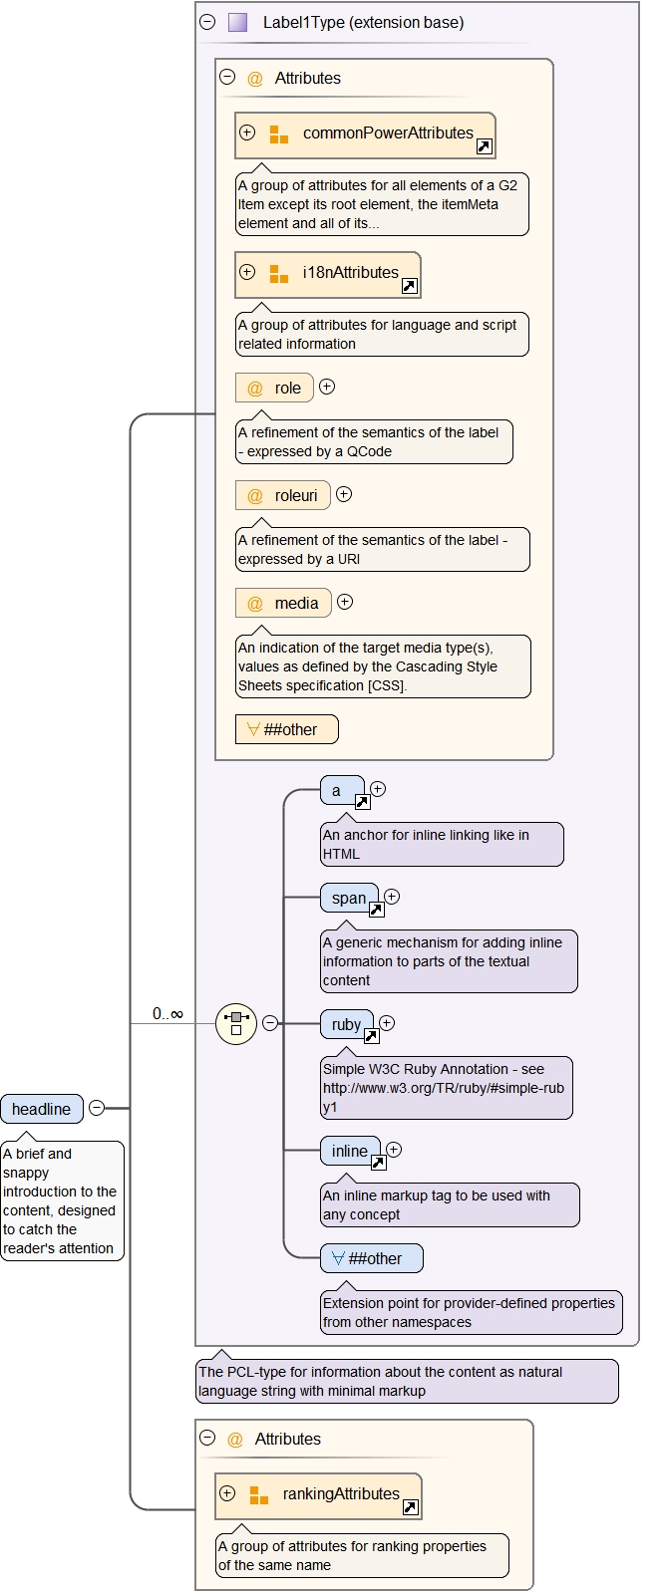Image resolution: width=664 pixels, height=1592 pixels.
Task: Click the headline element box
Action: click(42, 1109)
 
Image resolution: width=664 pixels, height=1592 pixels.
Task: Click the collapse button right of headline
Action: click(97, 1108)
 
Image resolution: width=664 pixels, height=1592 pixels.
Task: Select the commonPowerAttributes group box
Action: click(365, 134)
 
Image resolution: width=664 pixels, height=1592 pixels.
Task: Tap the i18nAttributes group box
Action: click(328, 274)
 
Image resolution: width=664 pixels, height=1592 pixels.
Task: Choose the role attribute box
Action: click(274, 388)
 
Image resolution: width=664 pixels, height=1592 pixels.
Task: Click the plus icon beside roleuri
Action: click(344, 494)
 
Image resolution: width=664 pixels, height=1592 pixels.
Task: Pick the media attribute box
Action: click(283, 603)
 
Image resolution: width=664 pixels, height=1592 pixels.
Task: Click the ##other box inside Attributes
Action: click(287, 729)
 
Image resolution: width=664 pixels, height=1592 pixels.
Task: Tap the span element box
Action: click(349, 898)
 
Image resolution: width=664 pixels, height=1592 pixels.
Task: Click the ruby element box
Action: click(346, 1024)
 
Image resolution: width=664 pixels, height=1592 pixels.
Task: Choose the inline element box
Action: click(350, 1151)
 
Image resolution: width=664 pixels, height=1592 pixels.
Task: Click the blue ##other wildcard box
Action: click(371, 1258)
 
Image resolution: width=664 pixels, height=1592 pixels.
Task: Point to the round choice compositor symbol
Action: click(236, 1023)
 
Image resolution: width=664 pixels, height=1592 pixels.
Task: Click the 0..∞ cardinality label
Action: click(167, 1014)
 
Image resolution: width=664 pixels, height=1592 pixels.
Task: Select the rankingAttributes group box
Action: click(318, 1495)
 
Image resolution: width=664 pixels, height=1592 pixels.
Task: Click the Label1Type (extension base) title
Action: click(363, 22)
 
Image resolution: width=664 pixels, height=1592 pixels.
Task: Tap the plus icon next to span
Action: click(392, 897)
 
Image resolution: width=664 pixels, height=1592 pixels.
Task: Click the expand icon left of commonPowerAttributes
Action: click(247, 133)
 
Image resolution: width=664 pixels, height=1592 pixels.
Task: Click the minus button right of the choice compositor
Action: click(270, 1023)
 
